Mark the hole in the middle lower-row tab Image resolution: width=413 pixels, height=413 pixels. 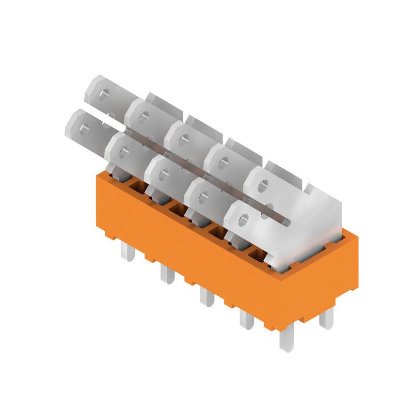coord(164,175)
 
